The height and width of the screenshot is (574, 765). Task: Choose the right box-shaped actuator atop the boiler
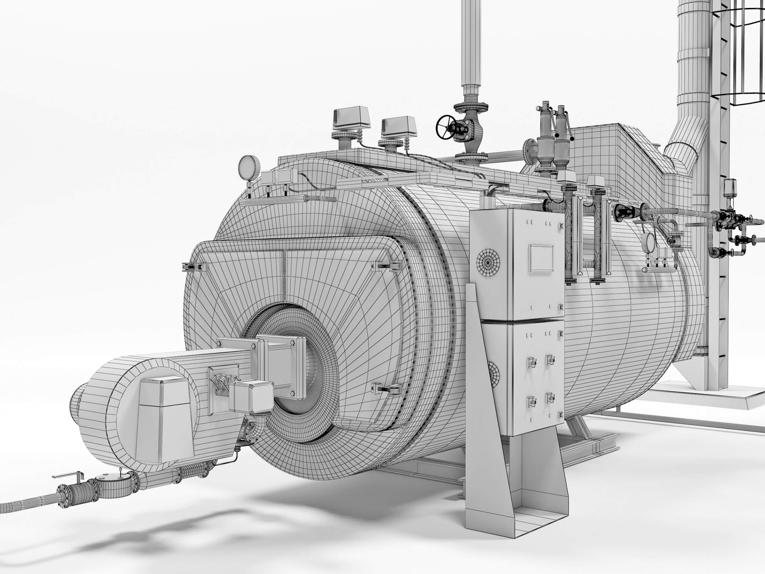click(399, 125)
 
